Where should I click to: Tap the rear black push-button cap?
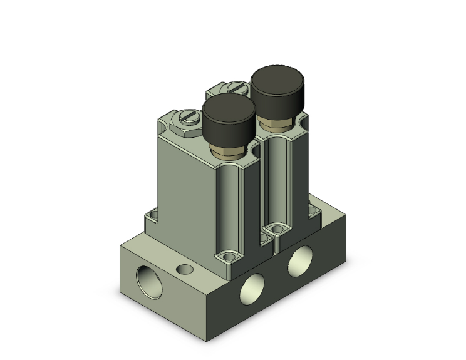[277, 86]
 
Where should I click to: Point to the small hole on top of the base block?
[184, 270]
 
